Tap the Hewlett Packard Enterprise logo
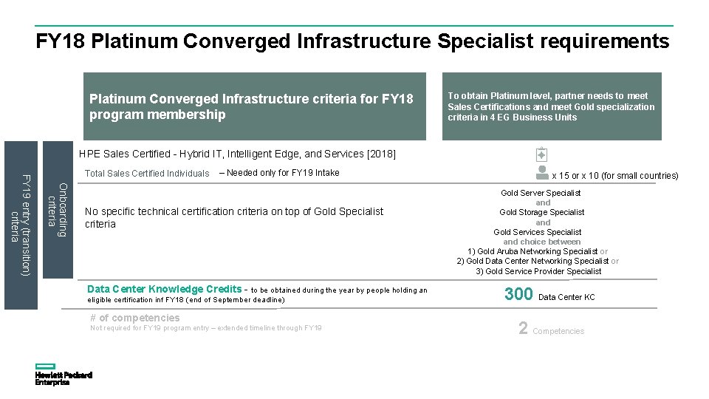pos(63,375)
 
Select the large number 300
pos(518,294)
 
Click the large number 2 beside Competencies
pos(523,329)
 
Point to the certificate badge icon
pos(541,154)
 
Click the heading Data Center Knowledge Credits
pos(164,289)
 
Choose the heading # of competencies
pos(134,318)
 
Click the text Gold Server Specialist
pos(541,193)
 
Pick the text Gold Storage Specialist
pos(541,212)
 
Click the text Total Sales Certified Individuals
pos(147,174)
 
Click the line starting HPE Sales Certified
pos(237,154)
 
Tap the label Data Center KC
pos(566,297)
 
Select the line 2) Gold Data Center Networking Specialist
pos(532,261)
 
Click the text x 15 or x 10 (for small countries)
pos(615,176)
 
